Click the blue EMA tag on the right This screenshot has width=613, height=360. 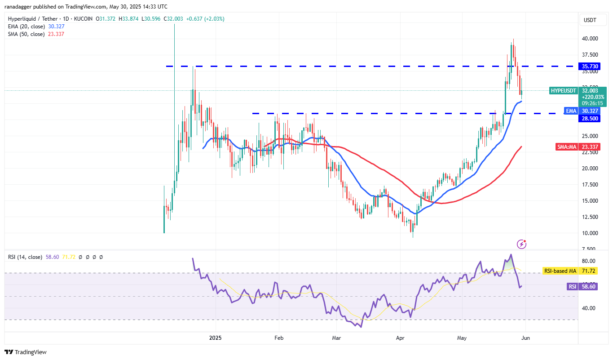[x=571, y=111]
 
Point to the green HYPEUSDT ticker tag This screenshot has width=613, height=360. [x=563, y=91]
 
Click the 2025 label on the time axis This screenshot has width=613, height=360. [x=216, y=338]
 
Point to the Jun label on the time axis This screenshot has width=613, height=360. [x=527, y=338]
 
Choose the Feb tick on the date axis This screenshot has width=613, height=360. [x=279, y=338]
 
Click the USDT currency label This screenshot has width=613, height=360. [x=590, y=20]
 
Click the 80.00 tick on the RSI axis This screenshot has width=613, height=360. [x=589, y=261]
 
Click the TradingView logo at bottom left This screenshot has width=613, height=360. [x=26, y=352]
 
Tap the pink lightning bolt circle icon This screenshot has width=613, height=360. [x=522, y=244]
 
